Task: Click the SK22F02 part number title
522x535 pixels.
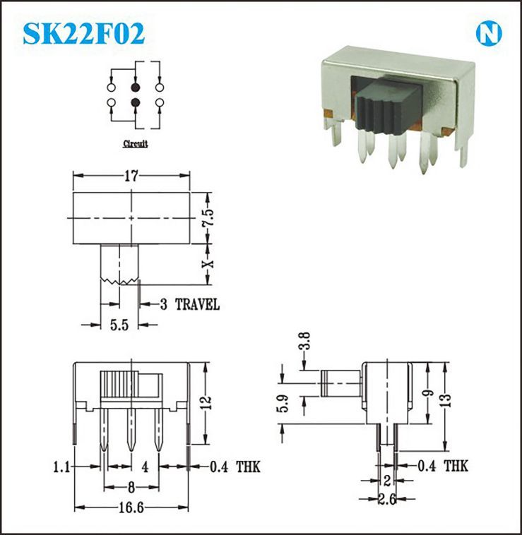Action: click(83, 33)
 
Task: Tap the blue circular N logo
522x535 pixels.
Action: click(489, 34)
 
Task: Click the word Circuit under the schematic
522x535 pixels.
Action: click(135, 144)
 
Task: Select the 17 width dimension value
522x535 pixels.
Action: click(131, 176)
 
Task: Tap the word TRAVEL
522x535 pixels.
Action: click(197, 304)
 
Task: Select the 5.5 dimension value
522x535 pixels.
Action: click(119, 325)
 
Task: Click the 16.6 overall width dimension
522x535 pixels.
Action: click(131, 508)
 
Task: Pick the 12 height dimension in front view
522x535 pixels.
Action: click(206, 403)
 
